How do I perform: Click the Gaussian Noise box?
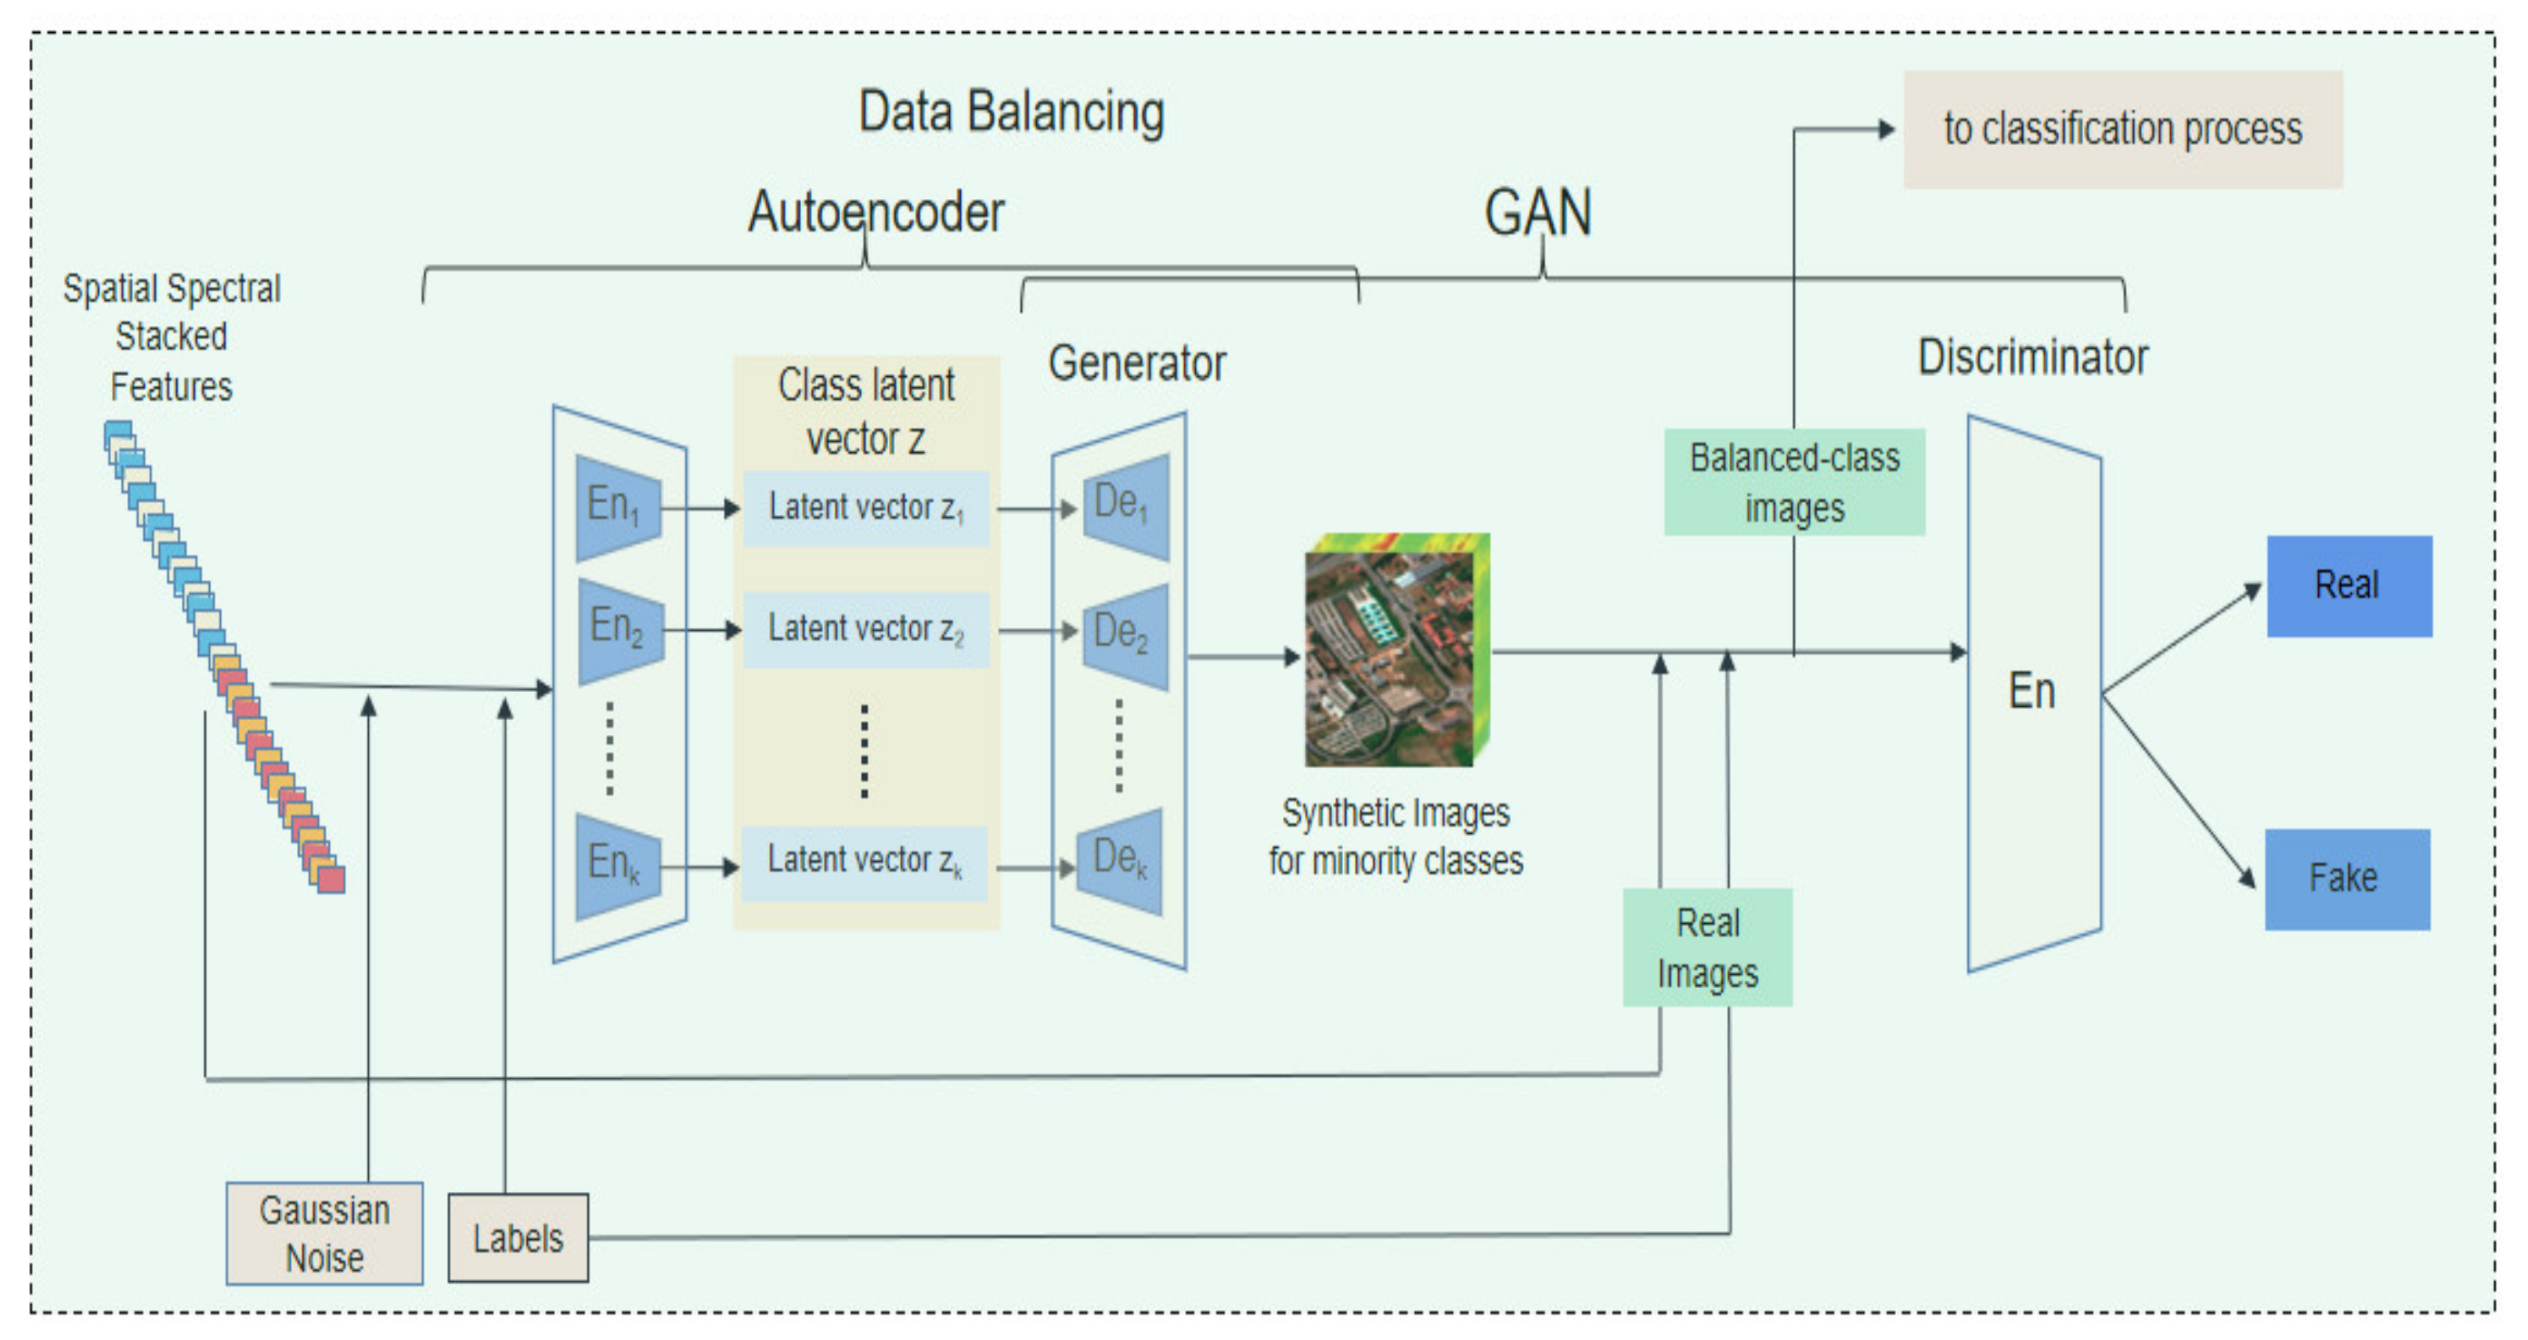tap(324, 1233)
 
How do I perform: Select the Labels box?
tap(518, 1238)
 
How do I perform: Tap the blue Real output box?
tap(2349, 586)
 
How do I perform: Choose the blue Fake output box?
tap(2346, 878)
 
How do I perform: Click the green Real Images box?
tap(1707, 947)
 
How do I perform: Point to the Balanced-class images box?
tap(1794, 482)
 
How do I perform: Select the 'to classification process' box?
tap(2122, 129)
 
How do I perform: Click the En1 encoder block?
tap(617, 508)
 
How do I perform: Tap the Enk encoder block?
tap(617, 865)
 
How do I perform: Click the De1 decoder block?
tap(1125, 505)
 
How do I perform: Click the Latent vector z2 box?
tap(865, 629)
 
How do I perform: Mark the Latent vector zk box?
tap(864, 863)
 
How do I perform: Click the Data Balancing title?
tap(1011, 112)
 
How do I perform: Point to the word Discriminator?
tap(2032, 357)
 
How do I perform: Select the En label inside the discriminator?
tap(2031, 691)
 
